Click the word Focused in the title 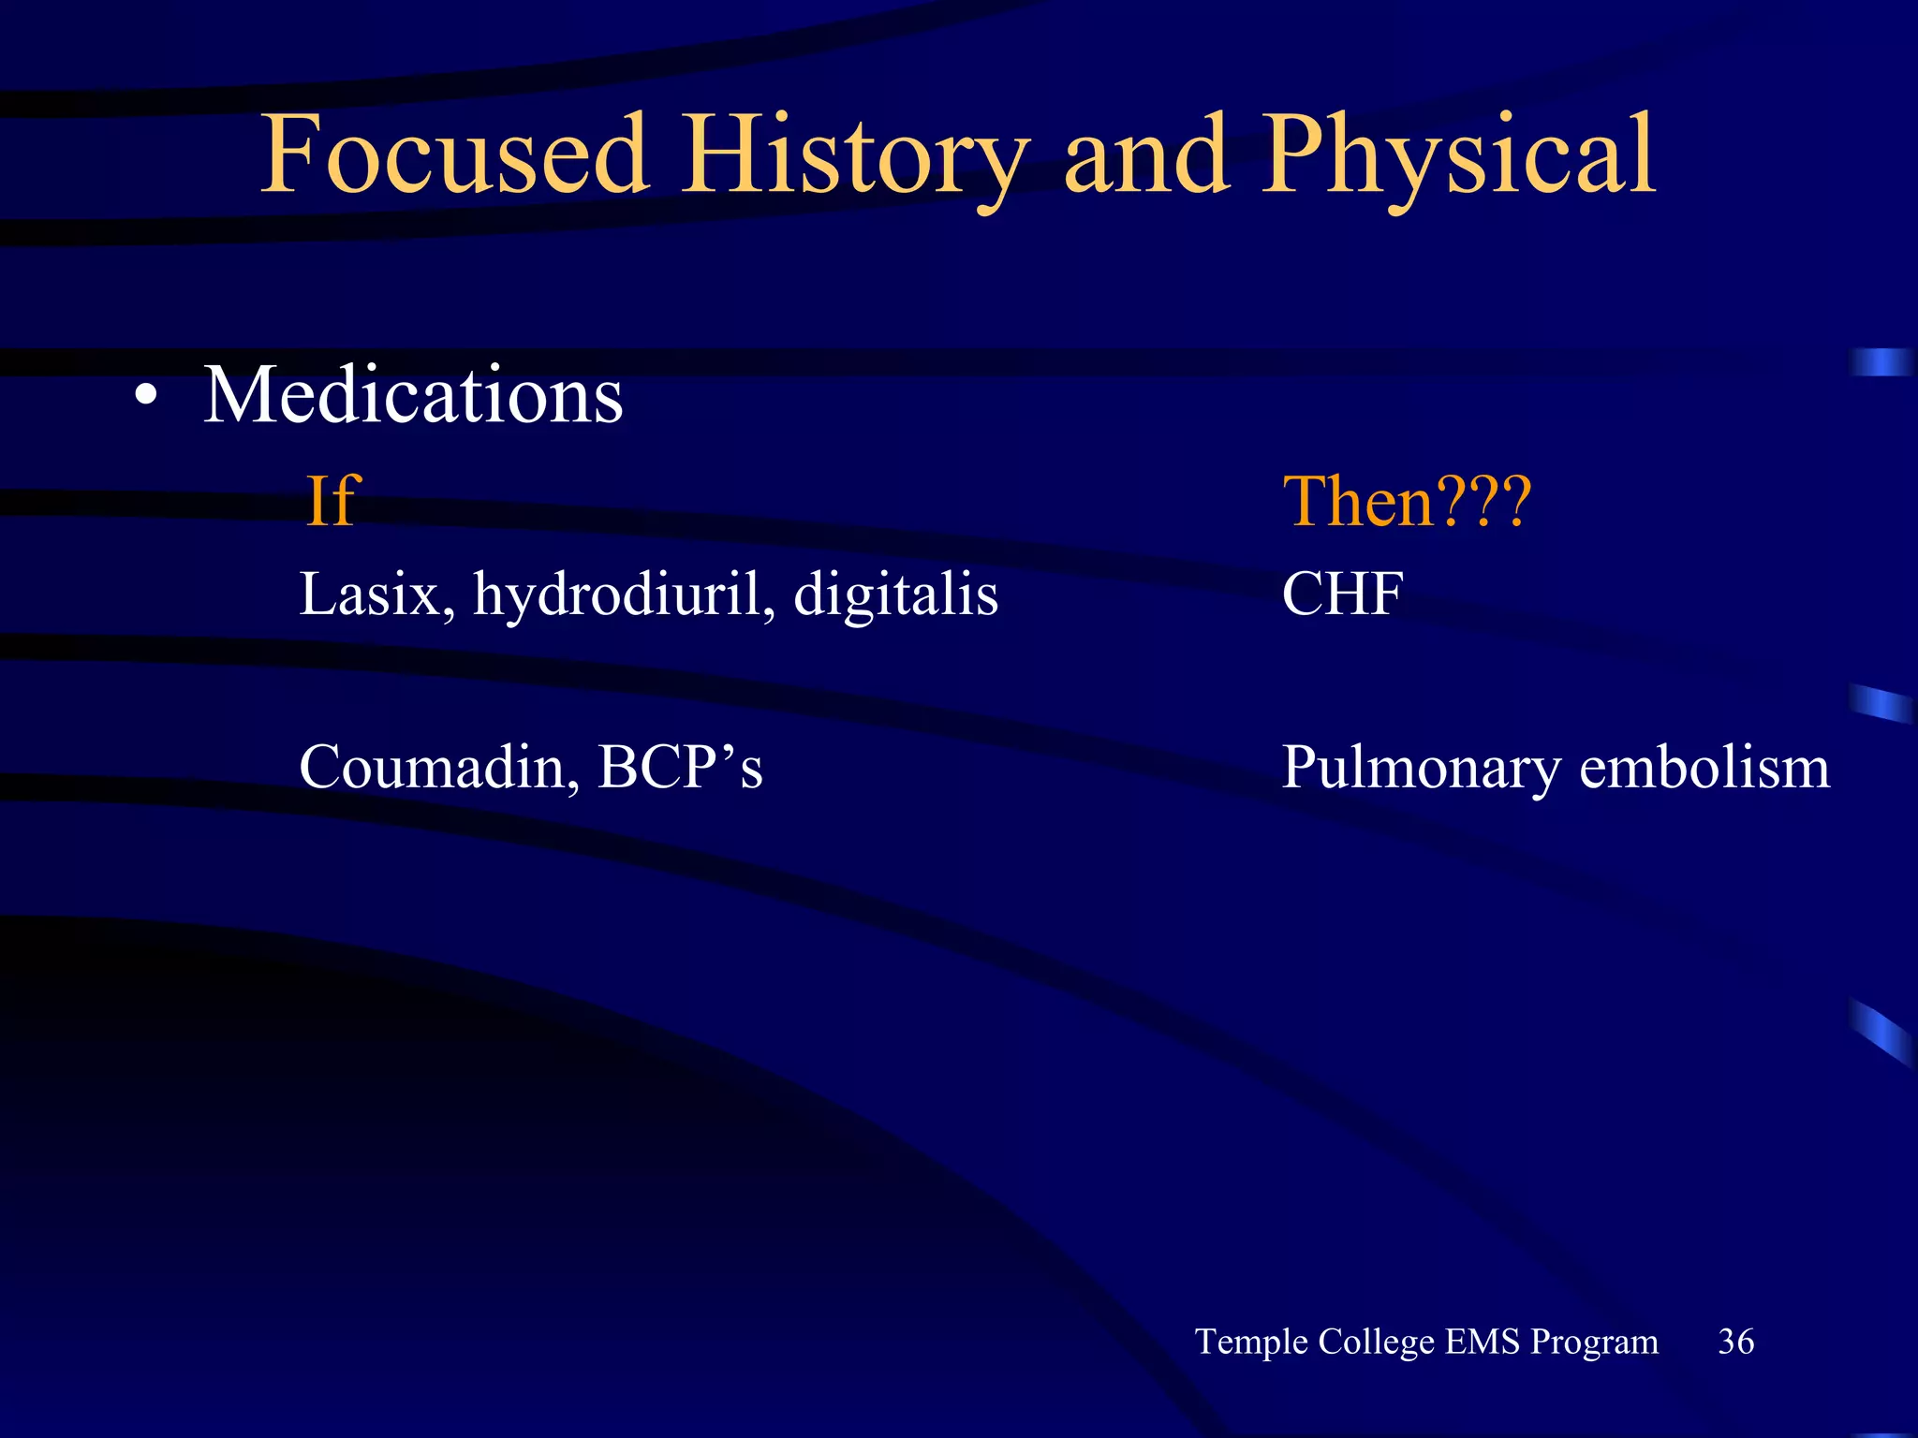454,154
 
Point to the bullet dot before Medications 145,397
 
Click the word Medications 413,395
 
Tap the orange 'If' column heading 332,502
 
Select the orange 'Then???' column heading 1407,502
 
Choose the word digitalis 895,595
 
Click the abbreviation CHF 1342,594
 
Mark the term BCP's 680,768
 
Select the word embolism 1704,768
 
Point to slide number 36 1735,1342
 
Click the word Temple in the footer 1251,1343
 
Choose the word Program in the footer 1594,1343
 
